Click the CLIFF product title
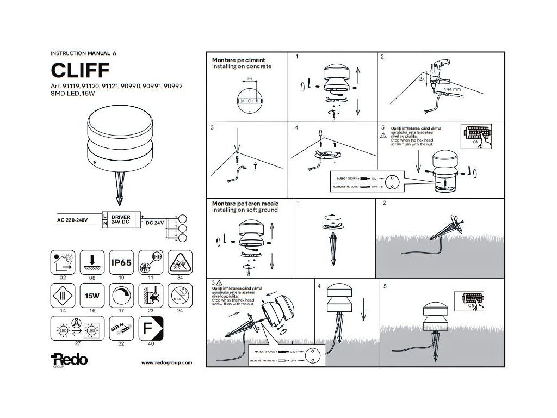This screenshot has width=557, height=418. point(81,70)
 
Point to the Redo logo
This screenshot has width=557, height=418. point(68,360)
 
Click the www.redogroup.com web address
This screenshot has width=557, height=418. point(167,362)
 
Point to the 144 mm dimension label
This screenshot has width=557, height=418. point(453,88)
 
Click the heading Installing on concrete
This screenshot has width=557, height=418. point(241,66)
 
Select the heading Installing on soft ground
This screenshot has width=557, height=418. point(245,210)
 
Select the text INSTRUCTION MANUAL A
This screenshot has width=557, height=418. point(83,53)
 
